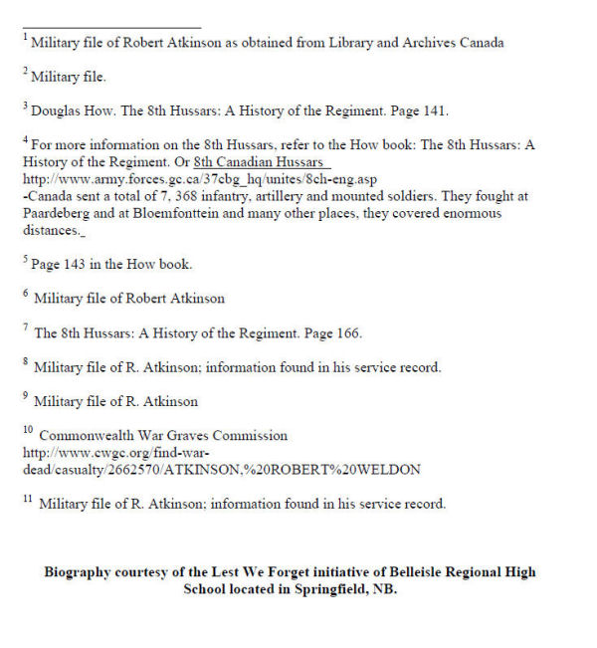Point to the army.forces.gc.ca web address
point(199,179)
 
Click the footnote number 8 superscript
point(25,361)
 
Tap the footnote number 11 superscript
point(27,498)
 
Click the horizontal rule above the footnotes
point(110,27)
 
